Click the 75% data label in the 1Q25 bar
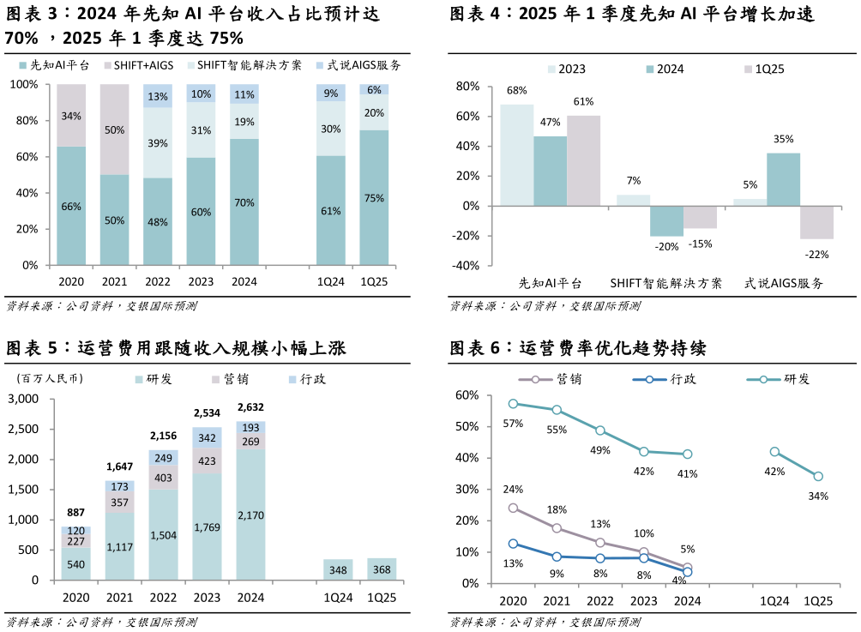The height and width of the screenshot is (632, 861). point(374,198)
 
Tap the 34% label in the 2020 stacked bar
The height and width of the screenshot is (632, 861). point(71,117)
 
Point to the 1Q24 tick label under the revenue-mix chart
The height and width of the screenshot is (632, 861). point(330,282)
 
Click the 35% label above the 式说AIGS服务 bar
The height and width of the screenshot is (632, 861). point(783,139)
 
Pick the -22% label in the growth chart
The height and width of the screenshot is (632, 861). point(816,254)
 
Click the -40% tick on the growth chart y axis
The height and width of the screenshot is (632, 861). point(467,266)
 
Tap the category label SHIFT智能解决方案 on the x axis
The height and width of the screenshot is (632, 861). point(665,283)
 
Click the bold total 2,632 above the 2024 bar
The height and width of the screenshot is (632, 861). point(250,407)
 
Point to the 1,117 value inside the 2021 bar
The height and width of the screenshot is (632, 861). point(119,546)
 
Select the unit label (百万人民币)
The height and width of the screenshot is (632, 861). point(49,379)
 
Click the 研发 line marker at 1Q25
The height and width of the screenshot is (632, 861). point(818,477)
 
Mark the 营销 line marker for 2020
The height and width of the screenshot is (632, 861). point(513,508)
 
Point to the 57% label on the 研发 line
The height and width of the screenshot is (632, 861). point(513,423)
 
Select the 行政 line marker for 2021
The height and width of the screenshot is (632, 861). point(557,557)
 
